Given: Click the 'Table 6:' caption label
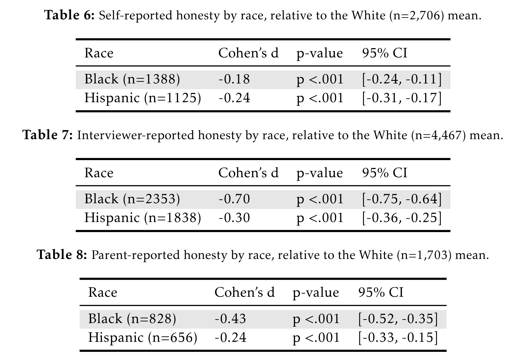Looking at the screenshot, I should [69, 15].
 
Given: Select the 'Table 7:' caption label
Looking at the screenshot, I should [47, 135].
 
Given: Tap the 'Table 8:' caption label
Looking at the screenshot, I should [62, 255].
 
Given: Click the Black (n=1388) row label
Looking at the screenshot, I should [132, 79].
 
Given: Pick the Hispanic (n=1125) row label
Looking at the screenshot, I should [143, 98].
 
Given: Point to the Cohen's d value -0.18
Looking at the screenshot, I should [234, 79].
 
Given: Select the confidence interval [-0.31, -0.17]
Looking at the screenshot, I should [402, 98].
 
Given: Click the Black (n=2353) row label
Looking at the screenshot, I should [132, 199].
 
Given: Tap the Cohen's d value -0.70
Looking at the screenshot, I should [234, 199].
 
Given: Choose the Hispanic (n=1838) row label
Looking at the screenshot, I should [143, 218].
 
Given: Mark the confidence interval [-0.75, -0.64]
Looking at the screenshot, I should [402, 199].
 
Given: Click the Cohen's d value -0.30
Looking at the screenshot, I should [234, 218].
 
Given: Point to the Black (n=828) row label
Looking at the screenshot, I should [132, 319].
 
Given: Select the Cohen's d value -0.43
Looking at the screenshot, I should [230, 319].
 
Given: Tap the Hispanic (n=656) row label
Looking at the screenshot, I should [143, 338].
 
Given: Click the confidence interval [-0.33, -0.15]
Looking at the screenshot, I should [398, 338].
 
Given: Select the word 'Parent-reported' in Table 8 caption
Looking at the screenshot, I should [135, 255].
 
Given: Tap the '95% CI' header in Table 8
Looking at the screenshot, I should [381, 293].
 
